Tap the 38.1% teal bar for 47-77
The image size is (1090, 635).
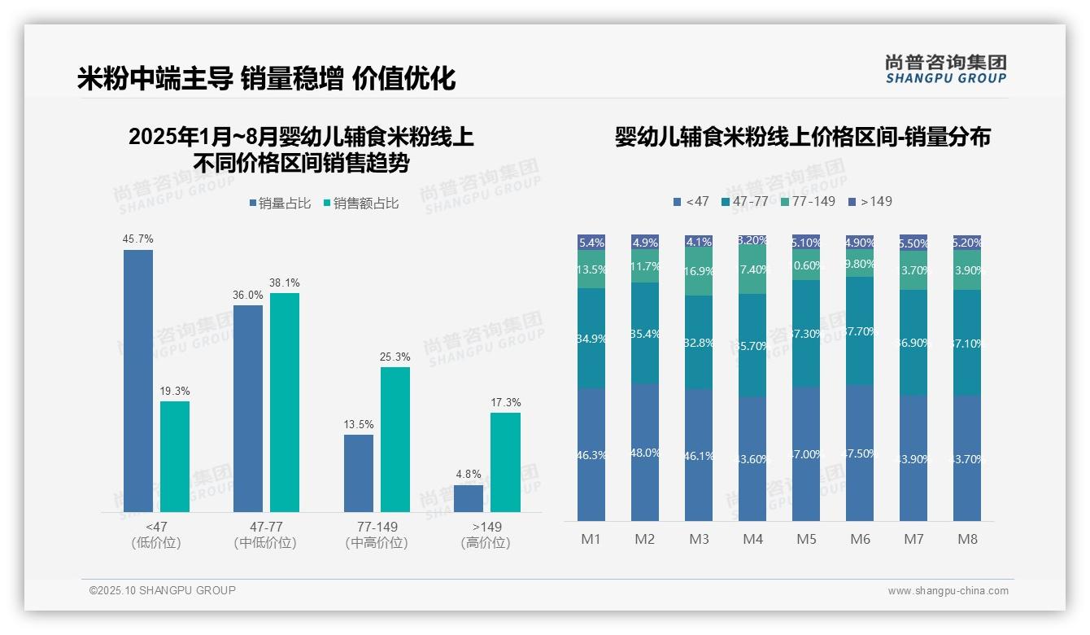click(x=285, y=402)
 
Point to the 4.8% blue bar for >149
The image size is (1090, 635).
click(x=469, y=498)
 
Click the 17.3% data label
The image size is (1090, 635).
click(x=506, y=402)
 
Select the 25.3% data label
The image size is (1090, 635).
click(x=395, y=357)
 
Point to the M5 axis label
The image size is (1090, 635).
click(x=806, y=539)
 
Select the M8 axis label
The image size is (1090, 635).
click(x=967, y=539)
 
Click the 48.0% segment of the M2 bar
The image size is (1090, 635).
click(x=645, y=452)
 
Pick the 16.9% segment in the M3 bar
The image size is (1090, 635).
click(x=699, y=272)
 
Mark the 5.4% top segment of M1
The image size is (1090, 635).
click(x=591, y=242)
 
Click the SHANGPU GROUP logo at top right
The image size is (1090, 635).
click(x=946, y=68)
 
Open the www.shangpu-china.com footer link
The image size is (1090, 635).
click(x=948, y=591)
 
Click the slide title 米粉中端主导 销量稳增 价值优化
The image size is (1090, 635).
click(x=266, y=78)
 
